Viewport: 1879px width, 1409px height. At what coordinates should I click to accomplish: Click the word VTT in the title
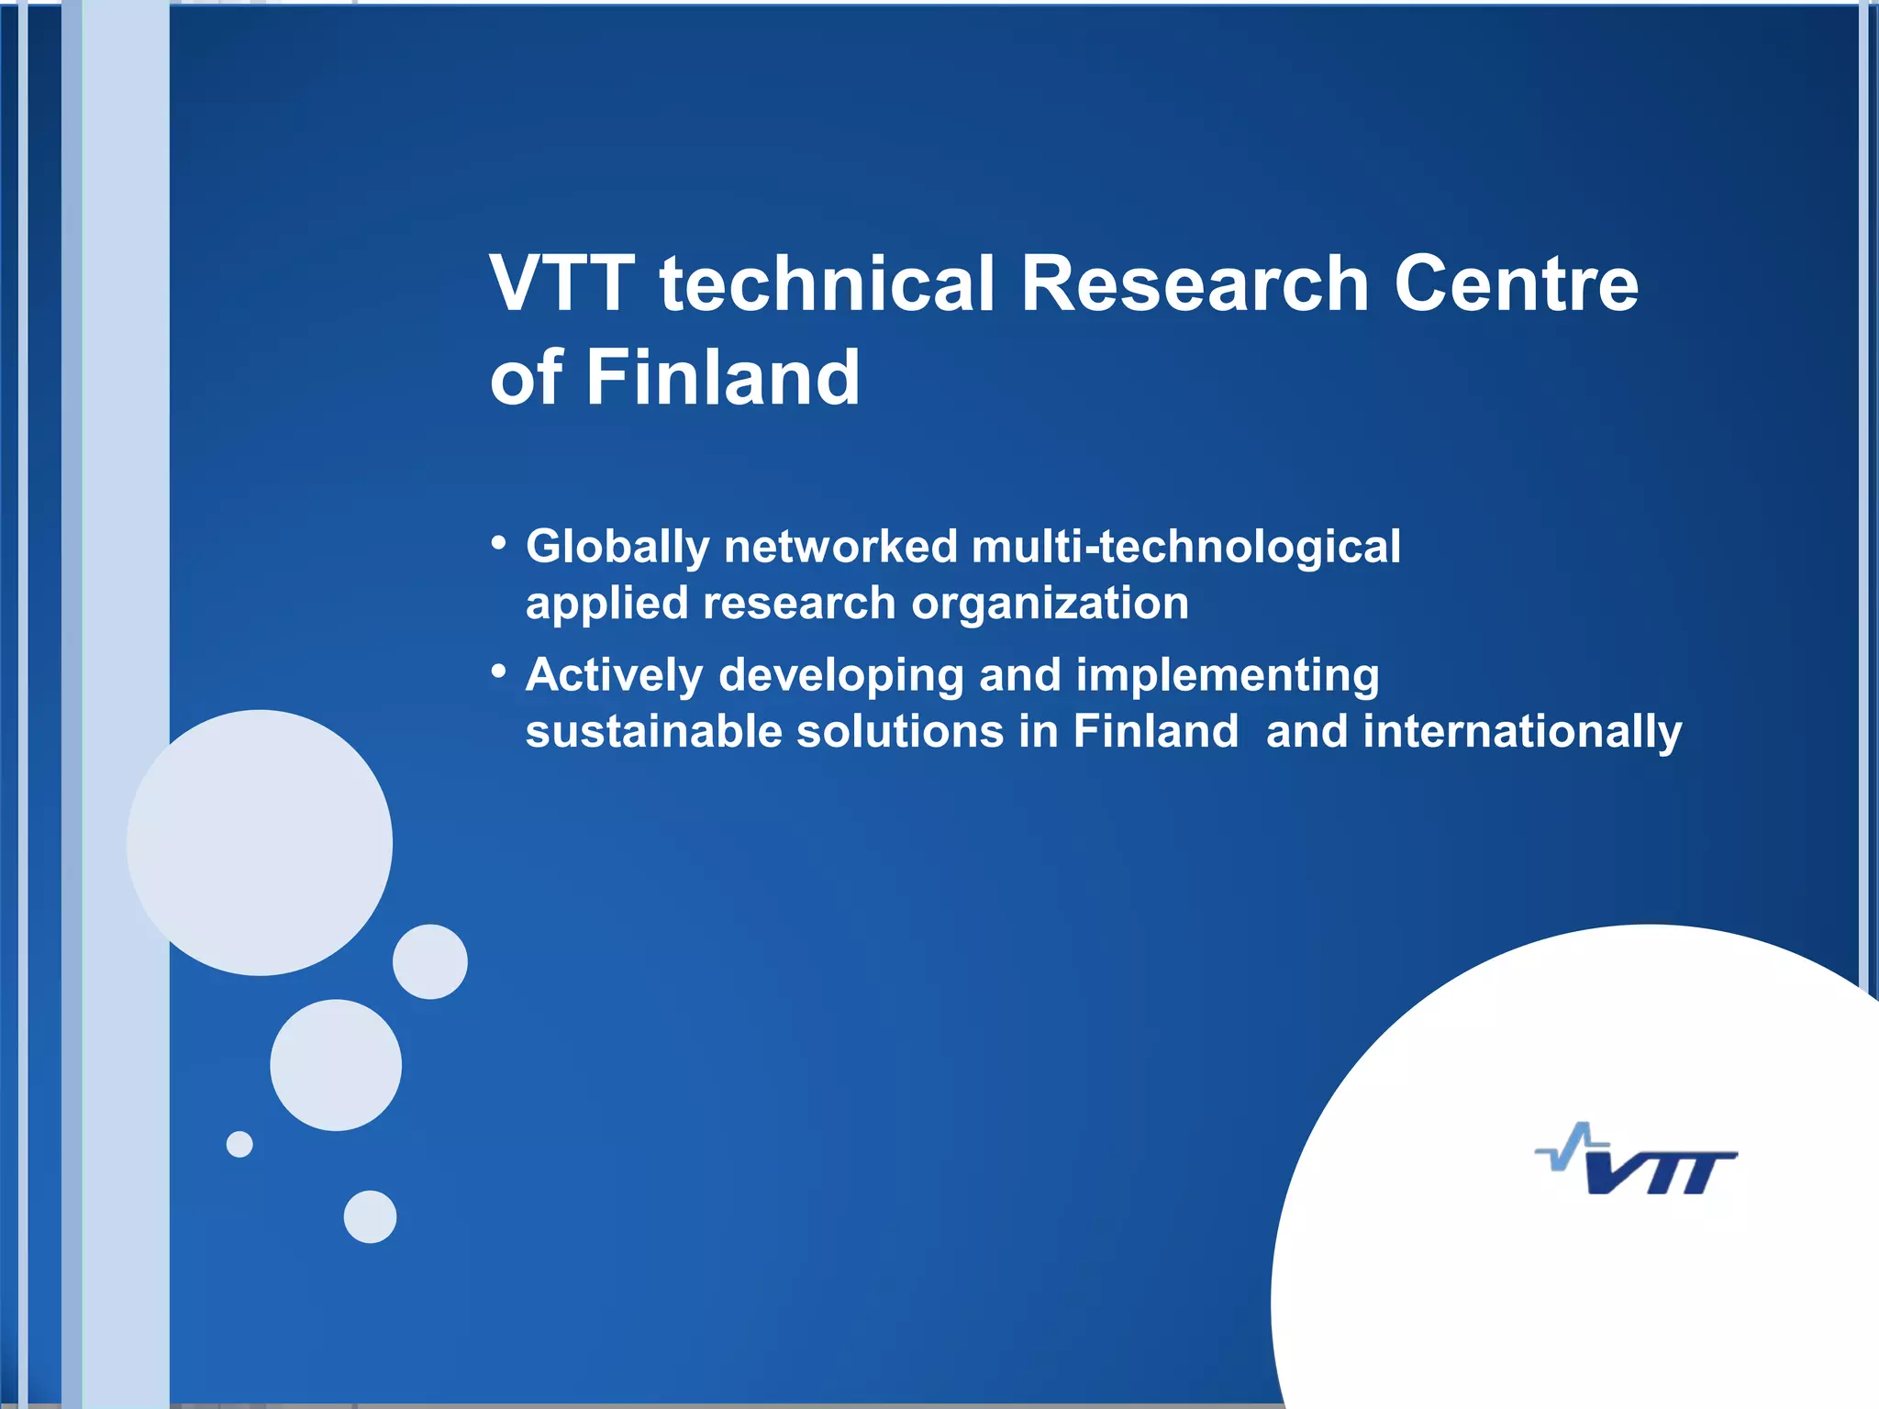click(561, 283)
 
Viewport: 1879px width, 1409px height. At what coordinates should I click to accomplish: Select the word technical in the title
click(826, 283)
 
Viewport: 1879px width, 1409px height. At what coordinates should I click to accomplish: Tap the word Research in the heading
click(1195, 283)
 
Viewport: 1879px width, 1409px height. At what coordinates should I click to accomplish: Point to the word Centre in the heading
click(1516, 283)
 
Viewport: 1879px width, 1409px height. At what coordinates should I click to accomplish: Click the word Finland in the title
click(722, 377)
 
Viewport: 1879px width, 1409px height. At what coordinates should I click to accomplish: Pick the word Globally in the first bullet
click(617, 549)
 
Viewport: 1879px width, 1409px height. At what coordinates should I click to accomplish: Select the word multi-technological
click(1185, 548)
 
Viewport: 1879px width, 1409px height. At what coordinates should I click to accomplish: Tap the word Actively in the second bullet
click(613, 677)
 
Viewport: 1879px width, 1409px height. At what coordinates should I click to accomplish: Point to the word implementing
click(1227, 677)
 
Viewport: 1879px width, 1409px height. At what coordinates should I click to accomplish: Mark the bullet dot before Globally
click(498, 543)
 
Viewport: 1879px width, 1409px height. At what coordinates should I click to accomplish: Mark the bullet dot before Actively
click(498, 671)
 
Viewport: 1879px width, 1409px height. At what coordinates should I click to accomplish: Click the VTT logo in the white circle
click(1638, 1161)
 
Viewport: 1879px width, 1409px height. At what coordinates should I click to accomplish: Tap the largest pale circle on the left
click(260, 842)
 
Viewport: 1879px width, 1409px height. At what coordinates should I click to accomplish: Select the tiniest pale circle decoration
click(239, 1144)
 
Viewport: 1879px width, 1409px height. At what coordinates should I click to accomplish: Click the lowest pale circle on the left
click(370, 1216)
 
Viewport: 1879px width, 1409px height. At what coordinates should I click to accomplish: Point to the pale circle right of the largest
click(429, 961)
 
